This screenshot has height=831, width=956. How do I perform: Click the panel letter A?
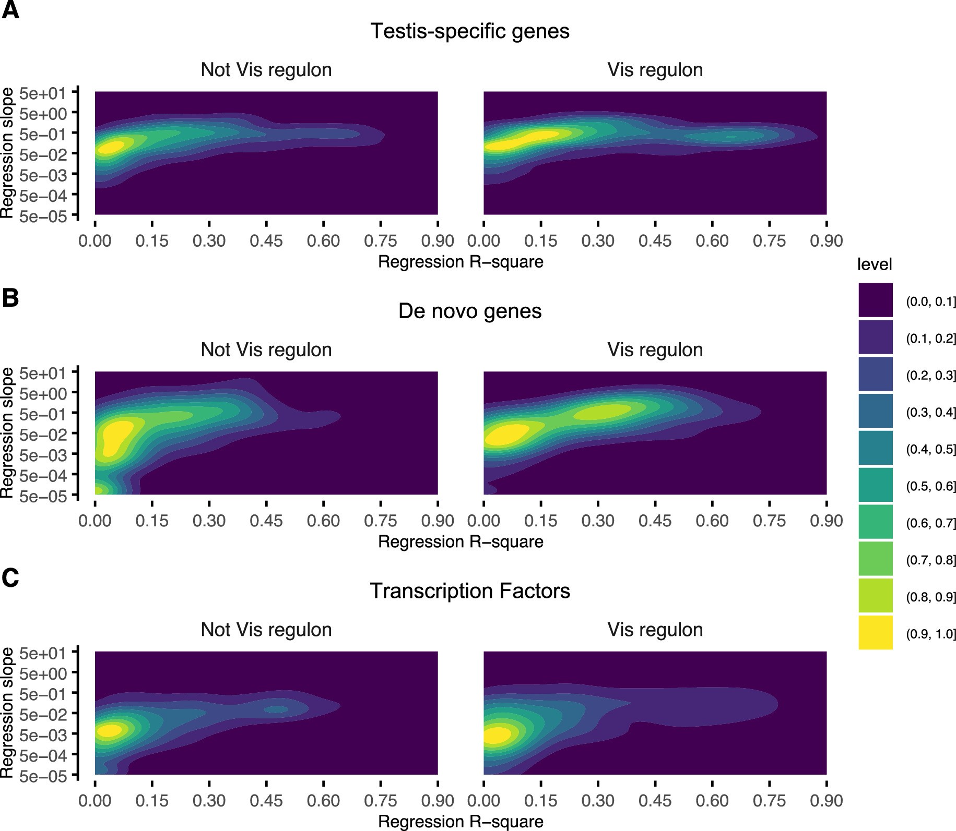(x=10, y=10)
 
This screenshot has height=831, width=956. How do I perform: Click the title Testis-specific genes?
(x=469, y=31)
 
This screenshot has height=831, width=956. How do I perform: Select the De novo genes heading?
(x=469, y=311)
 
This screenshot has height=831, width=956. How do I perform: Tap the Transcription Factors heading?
(x=469, y=591)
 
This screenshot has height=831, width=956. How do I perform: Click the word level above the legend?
(x=874, y=264)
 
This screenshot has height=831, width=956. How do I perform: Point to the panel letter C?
(x=10, y=578)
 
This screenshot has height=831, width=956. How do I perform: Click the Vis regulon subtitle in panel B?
(x=655, y=350)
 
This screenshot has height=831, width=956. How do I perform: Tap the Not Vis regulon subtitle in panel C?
(x=266, y=630)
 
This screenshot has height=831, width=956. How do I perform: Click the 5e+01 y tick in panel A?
(x=43, y=94)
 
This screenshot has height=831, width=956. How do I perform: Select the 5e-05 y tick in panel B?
(x=43, y=496)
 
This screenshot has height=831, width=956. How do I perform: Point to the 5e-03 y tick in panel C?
(x=43, y=735)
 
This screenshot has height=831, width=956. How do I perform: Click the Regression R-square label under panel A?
(x=461, y=261)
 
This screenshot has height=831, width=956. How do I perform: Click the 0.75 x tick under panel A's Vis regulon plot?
(x=769, y=241)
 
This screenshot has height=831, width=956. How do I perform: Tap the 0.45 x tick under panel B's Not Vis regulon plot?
(x=266, y=521)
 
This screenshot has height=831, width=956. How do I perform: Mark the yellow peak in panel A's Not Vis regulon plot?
(x=111, y=147)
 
